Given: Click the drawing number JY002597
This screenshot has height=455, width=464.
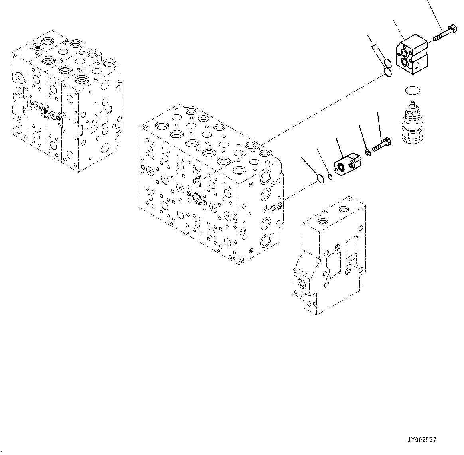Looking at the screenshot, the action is click(x=422, y=440).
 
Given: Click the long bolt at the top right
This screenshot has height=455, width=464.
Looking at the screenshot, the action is click(x=445, y=33).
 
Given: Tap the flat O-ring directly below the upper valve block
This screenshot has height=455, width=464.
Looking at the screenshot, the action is click(x=412, y=90).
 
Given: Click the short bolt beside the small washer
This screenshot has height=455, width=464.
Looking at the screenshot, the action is click(x=382, y=144).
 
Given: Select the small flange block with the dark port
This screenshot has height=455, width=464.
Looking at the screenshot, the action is click(x=346, y=164).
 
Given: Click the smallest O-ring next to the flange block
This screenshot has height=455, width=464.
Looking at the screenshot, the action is click(x=330, y=177).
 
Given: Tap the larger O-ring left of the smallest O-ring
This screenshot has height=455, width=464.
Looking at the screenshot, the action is click(x=320, y=179).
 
